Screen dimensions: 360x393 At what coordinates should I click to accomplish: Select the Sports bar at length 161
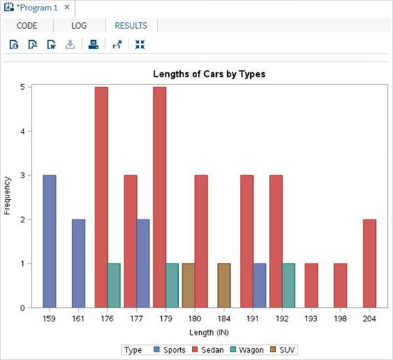[x=78, y=264]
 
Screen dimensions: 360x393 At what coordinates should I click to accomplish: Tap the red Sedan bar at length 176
[x=101, y=197]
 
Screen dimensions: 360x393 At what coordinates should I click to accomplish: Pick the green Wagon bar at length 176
[x=113, y=285]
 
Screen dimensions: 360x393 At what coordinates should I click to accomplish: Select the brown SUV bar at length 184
[x=223, y=285]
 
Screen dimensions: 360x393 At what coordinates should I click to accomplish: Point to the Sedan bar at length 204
[x=369, y=264]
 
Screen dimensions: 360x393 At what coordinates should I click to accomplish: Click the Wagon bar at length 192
[x=288, y=285]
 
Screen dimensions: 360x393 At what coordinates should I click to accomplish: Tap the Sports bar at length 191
[x=259, y=285]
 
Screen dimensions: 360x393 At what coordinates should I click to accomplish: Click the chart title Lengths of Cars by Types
[x=209, y=74]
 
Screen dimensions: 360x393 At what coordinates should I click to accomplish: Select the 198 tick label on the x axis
[x=340, y=317]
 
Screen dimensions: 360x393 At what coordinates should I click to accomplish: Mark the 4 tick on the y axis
[x=22, y=131]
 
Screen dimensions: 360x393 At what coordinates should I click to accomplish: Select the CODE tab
[x=26, y=26]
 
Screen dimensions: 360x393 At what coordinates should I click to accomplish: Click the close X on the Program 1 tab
[x=67, y=7]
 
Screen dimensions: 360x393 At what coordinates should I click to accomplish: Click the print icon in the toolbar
[x=94, y=45]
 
